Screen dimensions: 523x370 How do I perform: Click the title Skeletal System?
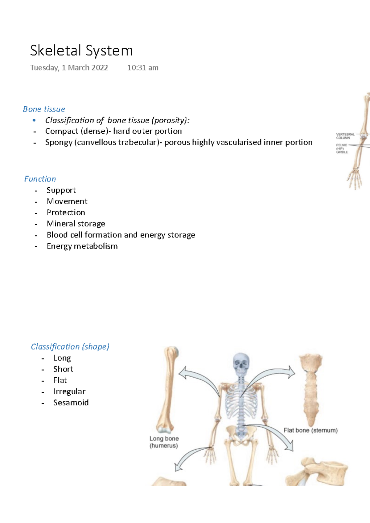coord(81,51)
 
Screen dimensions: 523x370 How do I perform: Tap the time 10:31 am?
coord(142,68)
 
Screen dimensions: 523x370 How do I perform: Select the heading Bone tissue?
coord(44,109)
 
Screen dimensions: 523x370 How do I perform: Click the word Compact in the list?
coord(61,131)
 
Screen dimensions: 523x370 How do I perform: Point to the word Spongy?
coord(59,142)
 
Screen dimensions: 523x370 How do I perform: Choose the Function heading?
coord(40,179)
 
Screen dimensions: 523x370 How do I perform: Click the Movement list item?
coord(67,201)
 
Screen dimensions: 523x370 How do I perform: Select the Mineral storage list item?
coord(76,224)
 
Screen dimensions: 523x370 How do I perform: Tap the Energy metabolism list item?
coord(82,246)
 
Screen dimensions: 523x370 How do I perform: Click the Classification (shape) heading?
coord(70,347)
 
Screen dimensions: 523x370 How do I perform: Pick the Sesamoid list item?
coord(71,403)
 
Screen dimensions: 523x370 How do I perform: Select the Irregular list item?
coord(69,391)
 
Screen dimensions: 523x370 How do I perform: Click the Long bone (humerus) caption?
coord(164,442)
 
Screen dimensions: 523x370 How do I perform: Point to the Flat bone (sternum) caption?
coord(310,430)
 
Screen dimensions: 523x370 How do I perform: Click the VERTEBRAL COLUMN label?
coord(345,136)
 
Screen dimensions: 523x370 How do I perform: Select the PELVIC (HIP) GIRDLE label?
coord(342,148)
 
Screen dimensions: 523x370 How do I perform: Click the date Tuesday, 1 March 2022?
coord(69,68)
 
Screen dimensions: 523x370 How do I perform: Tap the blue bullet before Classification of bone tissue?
coord(34,120)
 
